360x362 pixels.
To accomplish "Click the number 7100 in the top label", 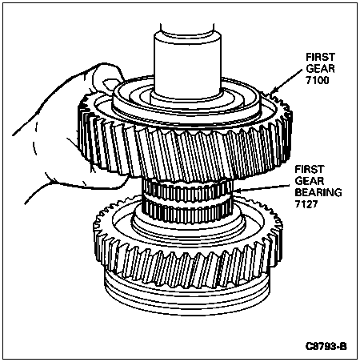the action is pyautogui.click(x=318, y=80).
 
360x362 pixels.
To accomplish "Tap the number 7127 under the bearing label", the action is pyautogui.click(x=306, y=204).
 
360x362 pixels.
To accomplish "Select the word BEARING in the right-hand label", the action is pyautogui.click(x=318, y=192).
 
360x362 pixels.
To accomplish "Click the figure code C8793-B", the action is pyautogui.click(x=326, y=347).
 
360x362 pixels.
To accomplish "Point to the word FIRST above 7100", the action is pyautogui.click(x=320, y=57).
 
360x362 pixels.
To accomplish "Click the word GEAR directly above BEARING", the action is pyautogui.click(x=310, y=181).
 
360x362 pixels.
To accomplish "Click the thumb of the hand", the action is pyautogui.click(x=106, y=78).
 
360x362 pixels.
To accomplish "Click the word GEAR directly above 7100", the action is pyautogui.click(x=320, y=69).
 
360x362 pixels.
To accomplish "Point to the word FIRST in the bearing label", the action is pyautogui.click(x=310, y=169).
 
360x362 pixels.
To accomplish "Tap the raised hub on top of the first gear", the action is pyautogui.click(x=186, y=103).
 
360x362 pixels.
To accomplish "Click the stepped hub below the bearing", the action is pyautogui.click(x=188, y=227).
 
